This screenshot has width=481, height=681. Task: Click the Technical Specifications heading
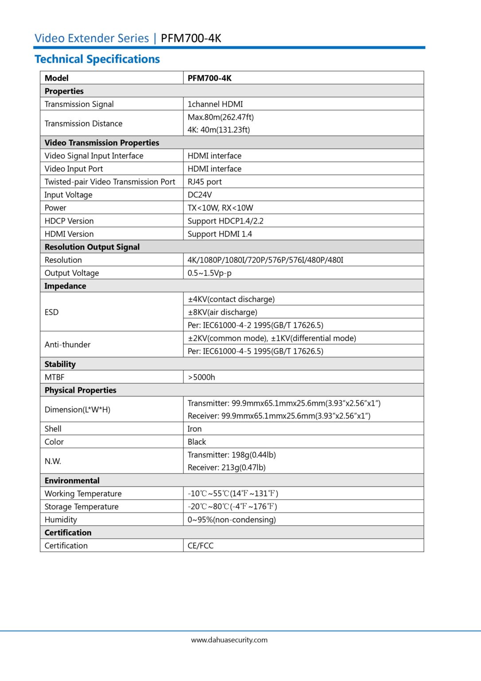tap(97, 59)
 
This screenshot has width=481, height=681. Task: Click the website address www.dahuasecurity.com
tap(229, 640)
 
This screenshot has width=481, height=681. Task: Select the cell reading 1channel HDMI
tap(215, 104)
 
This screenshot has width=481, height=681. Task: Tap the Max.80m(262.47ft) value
tap(221, 117)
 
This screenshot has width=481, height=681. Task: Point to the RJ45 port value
tap(205, 182)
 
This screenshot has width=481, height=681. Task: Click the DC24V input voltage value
tap(200, 195)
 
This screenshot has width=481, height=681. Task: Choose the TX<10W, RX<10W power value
tap(220, 208)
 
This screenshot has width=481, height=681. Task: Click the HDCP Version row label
tap(69, 221)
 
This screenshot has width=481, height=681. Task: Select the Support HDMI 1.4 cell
tap(220, 234)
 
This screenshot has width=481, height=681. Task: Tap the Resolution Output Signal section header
tap(92, 247)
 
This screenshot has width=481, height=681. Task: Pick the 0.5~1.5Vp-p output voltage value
tap(209, 273)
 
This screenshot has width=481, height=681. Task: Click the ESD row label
tap(51, 312)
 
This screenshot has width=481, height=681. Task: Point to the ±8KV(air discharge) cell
tap(222, 312)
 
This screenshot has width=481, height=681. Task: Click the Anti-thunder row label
tap(67, 344)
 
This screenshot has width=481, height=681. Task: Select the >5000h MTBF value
tap(202, 377)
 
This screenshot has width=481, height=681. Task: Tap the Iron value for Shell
tap(194, 429)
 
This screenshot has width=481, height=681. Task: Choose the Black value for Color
tap(197, 442)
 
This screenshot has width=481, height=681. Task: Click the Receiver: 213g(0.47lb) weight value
tap(226, 468)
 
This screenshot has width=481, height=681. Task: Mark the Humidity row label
tap(61, 520)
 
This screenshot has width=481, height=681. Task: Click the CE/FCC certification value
tap(200, 546)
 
